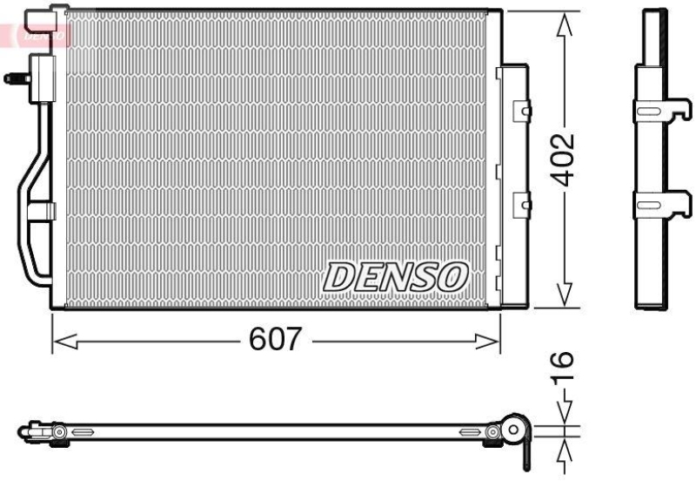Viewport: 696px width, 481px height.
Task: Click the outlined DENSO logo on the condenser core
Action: tap(396, 277)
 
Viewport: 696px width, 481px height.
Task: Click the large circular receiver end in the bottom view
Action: tap(515, 430)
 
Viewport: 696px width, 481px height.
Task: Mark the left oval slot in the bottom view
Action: tap(84, 432)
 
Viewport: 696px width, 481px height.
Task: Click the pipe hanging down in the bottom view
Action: tap(527, 453)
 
